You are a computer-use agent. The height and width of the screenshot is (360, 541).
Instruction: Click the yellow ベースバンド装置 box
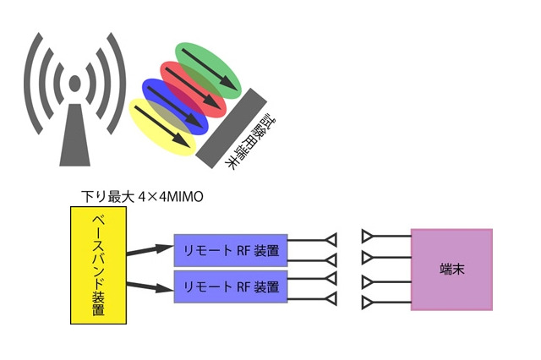[x=97, y=265]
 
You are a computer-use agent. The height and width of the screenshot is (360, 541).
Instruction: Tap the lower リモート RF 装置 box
[x=230, y=286]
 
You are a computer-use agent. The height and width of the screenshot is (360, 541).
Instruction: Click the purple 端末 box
[x=451, y=269]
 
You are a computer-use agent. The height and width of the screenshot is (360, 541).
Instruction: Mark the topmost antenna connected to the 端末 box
[x=368, y=235]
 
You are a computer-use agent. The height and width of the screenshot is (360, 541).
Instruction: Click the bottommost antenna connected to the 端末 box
[x=368, y=302]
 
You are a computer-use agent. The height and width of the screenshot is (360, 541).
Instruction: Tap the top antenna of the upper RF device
[x=331, y=238]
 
